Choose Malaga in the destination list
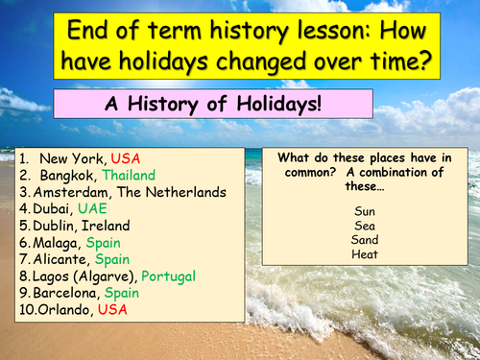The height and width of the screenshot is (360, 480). click(x=56, y=242)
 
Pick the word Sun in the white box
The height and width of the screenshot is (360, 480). click(x=365, y=210)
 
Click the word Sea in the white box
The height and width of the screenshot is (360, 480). click(x=365, y=226)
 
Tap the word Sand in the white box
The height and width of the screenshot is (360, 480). click(x=365, y=240)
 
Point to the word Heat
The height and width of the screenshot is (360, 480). click(x=365, y=254)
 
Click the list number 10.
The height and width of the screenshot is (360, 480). click(x=29, y=309)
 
